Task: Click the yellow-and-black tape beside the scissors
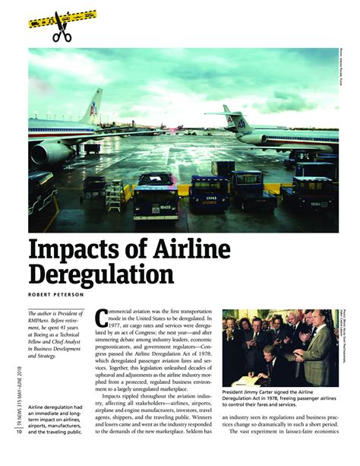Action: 84,17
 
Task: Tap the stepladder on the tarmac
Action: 114,195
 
